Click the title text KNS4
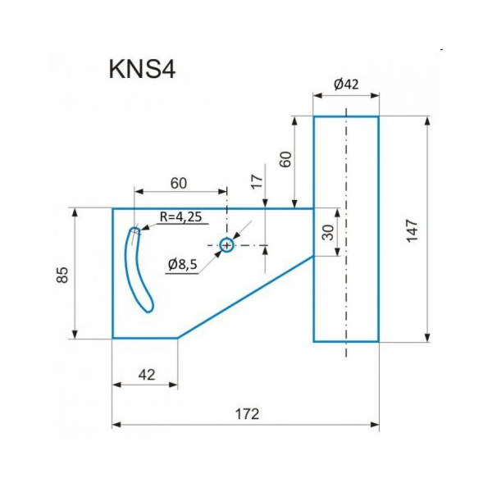(142, 69)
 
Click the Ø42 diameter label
(347, 84)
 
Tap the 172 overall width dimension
(246, 414)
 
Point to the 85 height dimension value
(62, 273)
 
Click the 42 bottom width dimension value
(146, 374)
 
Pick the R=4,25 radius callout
(180, 217)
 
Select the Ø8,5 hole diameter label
(182, 264)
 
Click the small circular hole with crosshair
(227, 244)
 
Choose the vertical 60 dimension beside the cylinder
(285, 158)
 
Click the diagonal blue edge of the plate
(246, 297)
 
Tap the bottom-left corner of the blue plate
(113, 337)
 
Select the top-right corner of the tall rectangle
(378, 117)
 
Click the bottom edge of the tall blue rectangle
(346, 340)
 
